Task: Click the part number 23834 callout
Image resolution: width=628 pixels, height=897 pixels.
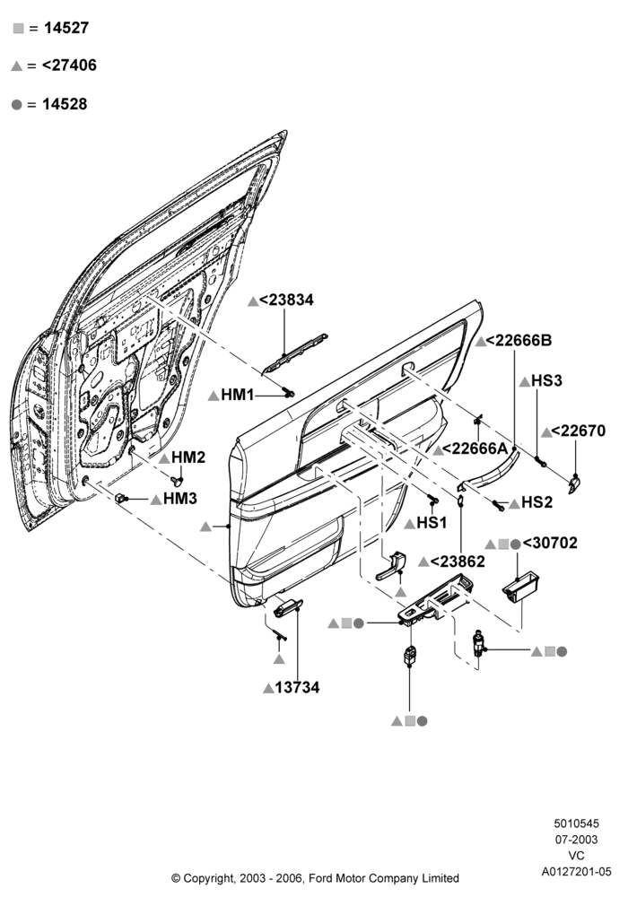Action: click(286, 300)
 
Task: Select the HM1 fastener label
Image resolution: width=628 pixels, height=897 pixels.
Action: click(238, 395)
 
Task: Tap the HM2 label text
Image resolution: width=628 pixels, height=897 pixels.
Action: click(188, 457)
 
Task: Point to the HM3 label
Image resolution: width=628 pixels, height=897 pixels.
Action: click(180, 499)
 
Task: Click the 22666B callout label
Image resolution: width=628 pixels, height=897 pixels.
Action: click(519, 340)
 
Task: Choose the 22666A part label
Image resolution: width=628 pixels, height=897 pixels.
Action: click(475, 449)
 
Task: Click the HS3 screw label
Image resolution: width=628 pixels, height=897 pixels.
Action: click(546, 381)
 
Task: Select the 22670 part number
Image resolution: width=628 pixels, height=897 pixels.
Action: click(579, 431)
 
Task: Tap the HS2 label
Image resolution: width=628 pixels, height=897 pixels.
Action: click(537, 503)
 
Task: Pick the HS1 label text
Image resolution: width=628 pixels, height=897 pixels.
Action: click(432, 523)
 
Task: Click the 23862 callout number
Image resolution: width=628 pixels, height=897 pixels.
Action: click(458, 562)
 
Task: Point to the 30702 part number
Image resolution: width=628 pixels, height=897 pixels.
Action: click(550, 543)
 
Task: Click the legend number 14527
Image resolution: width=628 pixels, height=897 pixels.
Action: click(66, 28)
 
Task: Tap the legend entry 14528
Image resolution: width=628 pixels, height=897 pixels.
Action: click(65, 104)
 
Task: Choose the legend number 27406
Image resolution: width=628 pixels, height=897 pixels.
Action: click(69, 65)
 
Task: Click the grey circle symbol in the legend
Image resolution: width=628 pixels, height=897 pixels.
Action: click(16, 105)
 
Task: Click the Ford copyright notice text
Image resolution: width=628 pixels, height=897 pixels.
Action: click(315, 878)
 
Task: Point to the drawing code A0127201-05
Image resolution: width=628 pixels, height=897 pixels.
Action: click(577, 872)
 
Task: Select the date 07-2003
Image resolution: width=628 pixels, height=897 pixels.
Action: click(577, 840)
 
